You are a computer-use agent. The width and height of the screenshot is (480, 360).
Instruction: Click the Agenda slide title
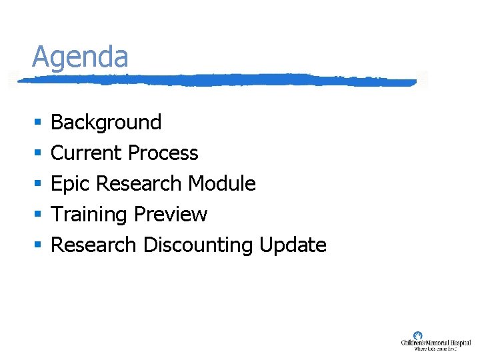tap(80, 57)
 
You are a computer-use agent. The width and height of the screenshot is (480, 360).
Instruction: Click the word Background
tap(106, 122)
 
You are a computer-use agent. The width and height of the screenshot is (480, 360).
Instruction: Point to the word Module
tap(222, 183)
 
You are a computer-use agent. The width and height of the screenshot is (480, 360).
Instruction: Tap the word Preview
tap(171, 214)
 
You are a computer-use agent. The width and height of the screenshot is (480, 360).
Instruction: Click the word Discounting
tap(198, 245)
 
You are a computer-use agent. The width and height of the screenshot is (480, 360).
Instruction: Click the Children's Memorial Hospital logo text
tap(435, 343)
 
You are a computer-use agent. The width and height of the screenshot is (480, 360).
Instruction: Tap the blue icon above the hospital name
tap(418, 335)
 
